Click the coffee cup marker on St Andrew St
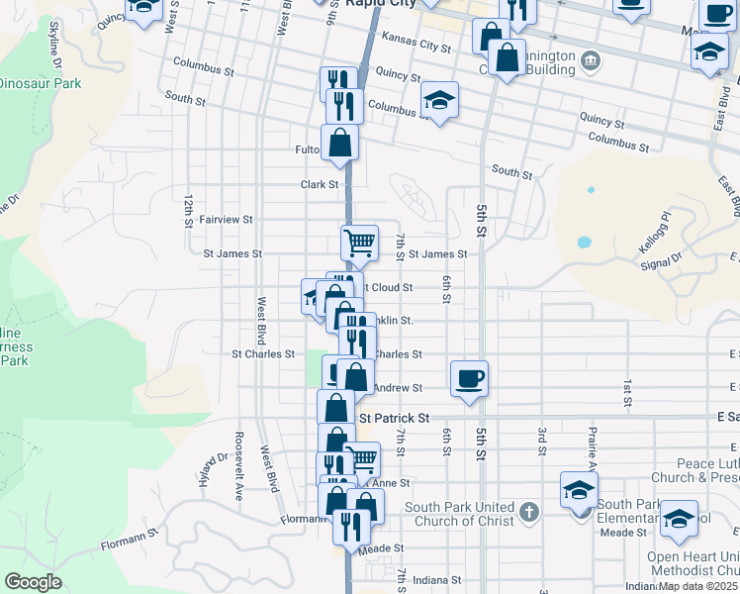click(469, 378)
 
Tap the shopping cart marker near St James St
click(359, 242)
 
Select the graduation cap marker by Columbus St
click(439, 100)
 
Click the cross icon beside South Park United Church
click(529, 512)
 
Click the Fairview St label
click(226, 219)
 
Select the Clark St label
click(320, 184)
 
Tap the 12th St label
click(188, 210)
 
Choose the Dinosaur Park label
click(40, 84)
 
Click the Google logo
click(33, 582)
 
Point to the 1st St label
click(627, 392)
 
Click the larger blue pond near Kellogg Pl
click(583, 242)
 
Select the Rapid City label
click(380, 4)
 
